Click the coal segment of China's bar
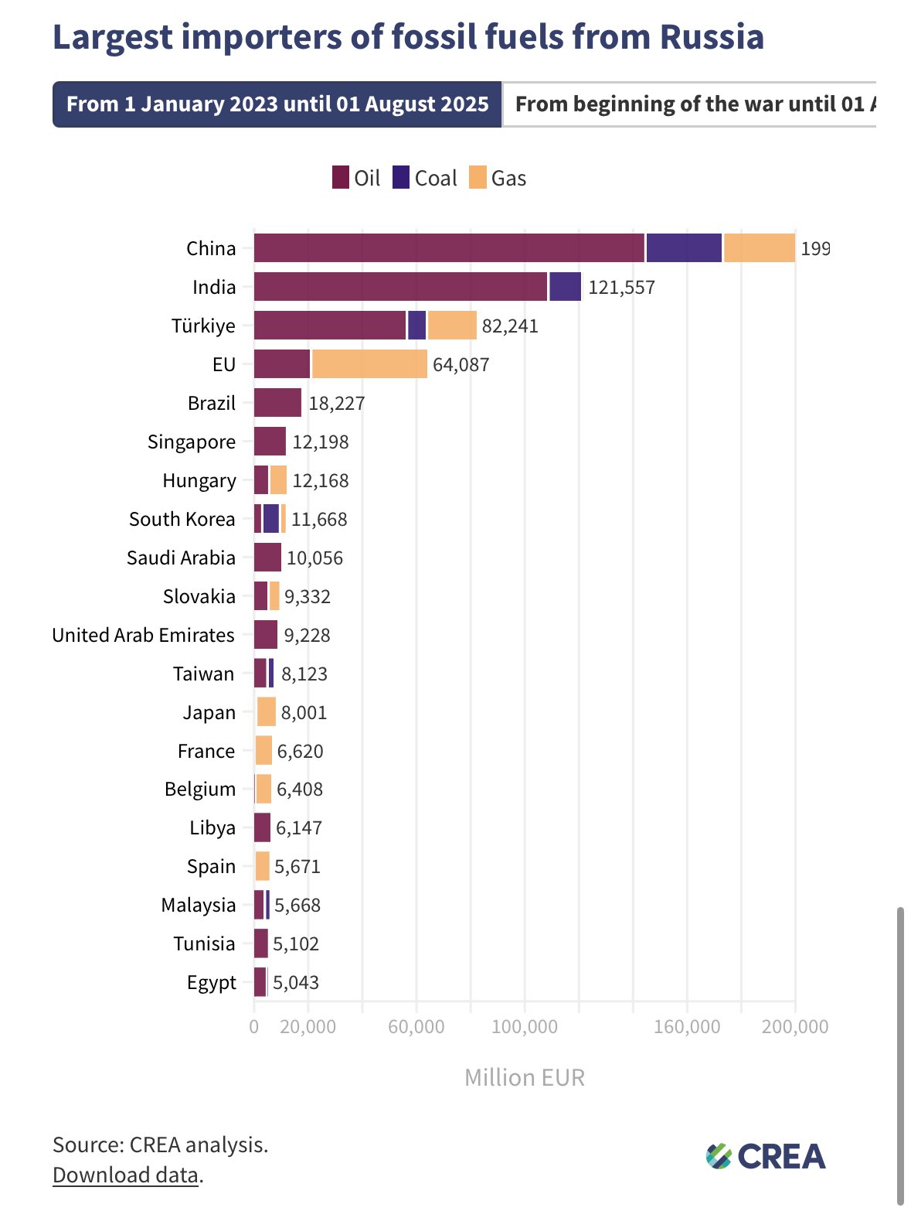[x=684, y=248]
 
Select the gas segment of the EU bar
[x=369, y=364]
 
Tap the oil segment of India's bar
[x=400, y=287]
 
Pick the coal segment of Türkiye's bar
[x=417, y=326]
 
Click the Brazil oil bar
[x=277, y=403]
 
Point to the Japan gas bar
[x=267, y=712]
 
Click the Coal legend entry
[x=425, y=178]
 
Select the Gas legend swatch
[x=478, y=178]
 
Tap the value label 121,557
[x=621, y=288]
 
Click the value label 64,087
[x=461, y=365]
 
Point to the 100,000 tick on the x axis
[x=525, y=1027]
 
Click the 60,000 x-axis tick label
[x=416, y=1027]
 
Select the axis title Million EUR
[x=525, y=1077]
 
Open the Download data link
[x=125, y=1175]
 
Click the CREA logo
[x=766, y=1157]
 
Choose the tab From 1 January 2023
[x=277, y=104]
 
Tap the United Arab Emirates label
[x=143, y=635]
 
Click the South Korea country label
[x=182, y=519]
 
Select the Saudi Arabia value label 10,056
[x=314, y=558]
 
